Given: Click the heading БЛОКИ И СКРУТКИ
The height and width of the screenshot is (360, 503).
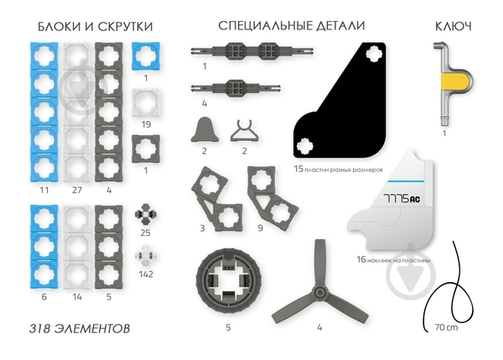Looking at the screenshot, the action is (x=96, y=26).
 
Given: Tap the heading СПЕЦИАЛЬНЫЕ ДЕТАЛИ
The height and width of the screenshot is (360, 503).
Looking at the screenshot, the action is (x=292, y=26).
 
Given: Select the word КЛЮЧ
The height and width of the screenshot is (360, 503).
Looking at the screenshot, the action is (x=454, y=26).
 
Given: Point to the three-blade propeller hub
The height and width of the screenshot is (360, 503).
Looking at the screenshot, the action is (x=319, y=292).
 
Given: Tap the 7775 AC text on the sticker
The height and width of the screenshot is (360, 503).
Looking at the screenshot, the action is (x=402, y=199).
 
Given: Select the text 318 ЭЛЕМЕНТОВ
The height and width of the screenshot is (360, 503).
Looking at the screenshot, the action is (x=80, y=328).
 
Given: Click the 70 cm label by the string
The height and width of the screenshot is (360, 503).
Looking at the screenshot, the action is (x=446, y=327).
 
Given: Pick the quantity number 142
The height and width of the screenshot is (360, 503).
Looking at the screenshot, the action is (x=146, y=274).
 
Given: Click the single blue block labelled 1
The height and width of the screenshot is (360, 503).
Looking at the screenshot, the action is (x=146, y=56).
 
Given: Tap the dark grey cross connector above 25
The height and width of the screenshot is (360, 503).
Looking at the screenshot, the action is (x=146, y=213).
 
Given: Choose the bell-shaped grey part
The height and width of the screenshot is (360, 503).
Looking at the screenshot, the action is (x=205, y=130).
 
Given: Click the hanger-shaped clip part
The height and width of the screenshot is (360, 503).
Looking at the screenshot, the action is (x=245, y=131).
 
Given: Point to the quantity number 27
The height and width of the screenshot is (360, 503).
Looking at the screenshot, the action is (x=77, y=190).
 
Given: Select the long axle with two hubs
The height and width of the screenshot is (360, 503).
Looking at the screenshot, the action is (x=252, y=51).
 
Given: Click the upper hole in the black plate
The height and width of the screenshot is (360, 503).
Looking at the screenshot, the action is (x=374, y=54).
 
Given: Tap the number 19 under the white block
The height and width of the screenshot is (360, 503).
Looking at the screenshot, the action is (x=146, y=124).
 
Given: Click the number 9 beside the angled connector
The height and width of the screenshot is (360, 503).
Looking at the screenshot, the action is (x=260, y=228).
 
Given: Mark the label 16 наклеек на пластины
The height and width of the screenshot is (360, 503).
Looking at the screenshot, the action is (x=393, y=259).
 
